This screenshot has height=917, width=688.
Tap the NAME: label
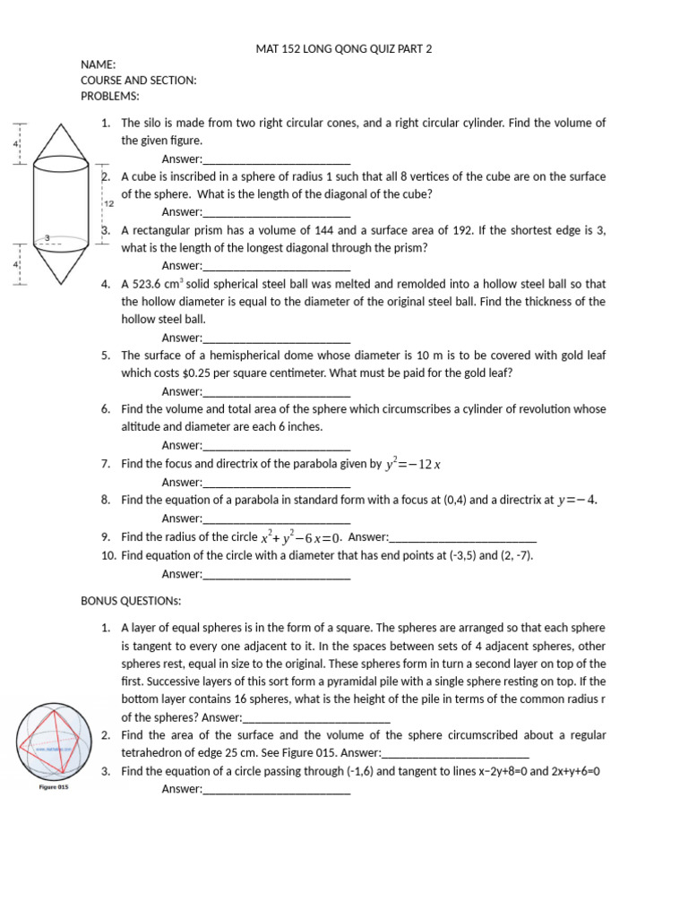pyautogui.click(x=99, y=65)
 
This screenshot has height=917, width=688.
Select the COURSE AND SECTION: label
pyautogui.click(x=138, y=81)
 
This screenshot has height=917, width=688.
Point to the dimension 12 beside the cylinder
pyautogui.click(x=109, y=203)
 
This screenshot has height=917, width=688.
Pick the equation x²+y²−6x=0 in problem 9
pyautogui.click(x=300, y=538)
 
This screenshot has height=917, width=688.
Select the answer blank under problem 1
pyautogui.click(x=277, y=160)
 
